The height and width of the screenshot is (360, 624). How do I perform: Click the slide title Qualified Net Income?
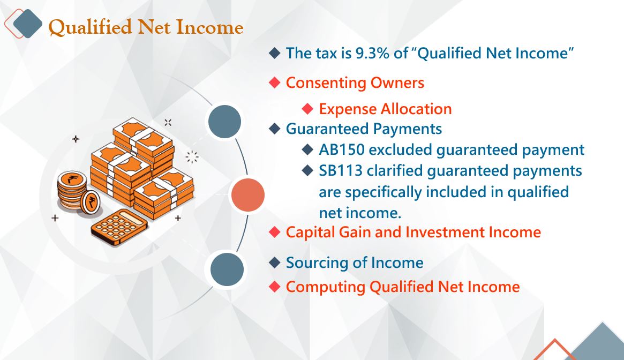tap(146, 27)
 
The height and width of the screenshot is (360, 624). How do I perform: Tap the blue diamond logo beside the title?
tap(27, 24)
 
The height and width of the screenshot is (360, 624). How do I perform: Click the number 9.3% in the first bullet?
tap(372, 53)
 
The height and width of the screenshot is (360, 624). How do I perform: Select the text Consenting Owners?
tap(355, 83)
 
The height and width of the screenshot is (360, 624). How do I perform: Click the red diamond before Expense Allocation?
tap(307, 108)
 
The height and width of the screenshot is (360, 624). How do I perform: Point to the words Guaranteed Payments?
tap(364, 129)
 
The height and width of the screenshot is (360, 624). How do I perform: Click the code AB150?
tap(342, 150)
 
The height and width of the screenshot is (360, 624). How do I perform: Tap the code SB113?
tap(341, 171)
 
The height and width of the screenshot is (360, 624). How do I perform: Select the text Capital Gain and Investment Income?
tap(414, 232)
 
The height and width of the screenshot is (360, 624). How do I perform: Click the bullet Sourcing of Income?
tap(355, 263)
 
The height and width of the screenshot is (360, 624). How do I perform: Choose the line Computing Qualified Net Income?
tap(403, 287)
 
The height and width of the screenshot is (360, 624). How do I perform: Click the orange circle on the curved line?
tap(248, 195)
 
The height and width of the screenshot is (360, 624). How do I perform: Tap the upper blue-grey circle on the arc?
tap(224, 122)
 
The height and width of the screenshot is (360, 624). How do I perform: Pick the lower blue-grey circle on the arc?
tap(227, 269)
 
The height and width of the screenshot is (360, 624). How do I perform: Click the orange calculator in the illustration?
tap(119, 227)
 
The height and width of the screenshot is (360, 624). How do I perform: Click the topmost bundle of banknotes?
tap(143, 139)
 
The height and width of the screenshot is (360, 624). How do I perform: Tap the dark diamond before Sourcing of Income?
tap(275, 262)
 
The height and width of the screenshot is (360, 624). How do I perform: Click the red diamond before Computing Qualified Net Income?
tap(275, 286)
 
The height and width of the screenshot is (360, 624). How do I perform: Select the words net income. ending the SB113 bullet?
tap(360, 213)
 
